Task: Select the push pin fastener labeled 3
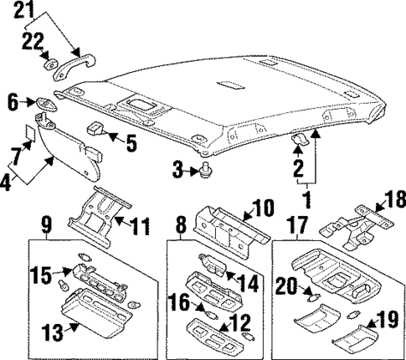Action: coord(204,171)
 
